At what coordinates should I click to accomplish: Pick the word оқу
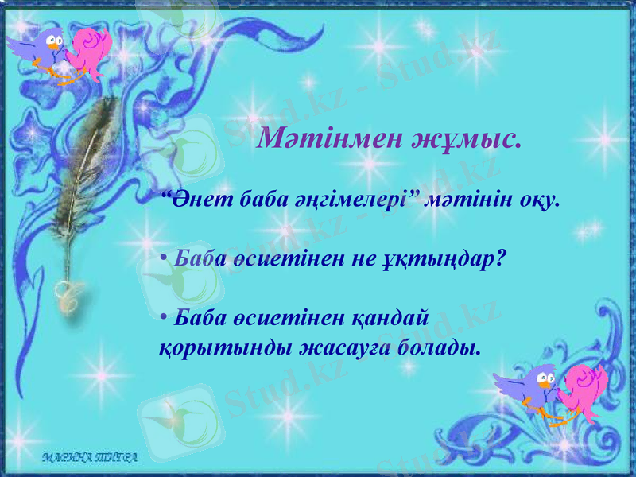537,200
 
